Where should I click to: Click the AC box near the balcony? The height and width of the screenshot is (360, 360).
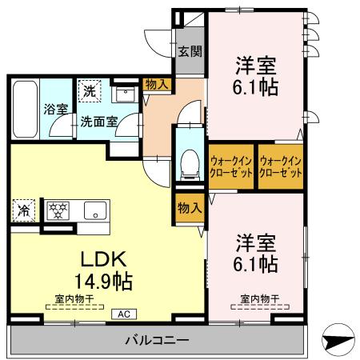tap(125, 314)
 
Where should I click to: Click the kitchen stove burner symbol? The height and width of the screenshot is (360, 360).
tap(58, 211)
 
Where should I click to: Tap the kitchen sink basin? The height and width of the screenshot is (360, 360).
tap(93, 212)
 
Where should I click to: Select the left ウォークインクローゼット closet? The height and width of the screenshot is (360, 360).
tap(231, 166)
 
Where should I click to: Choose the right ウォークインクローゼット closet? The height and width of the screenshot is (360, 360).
tap(280, 166)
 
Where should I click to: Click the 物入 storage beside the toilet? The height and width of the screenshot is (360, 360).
tap(189, 208)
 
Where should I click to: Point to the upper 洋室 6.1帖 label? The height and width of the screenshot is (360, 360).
tap(256, 76)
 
